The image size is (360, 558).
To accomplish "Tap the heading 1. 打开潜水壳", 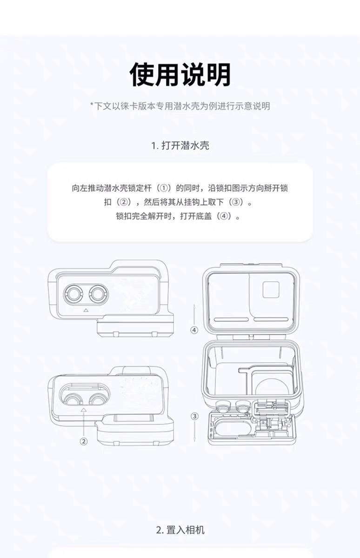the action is point(180,146).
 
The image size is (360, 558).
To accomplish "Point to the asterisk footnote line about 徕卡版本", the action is point(180,106).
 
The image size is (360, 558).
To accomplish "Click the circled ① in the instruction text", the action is point(163,188).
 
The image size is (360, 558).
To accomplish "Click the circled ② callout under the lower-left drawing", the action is point(84,441).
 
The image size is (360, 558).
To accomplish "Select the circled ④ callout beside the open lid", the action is point(194,330).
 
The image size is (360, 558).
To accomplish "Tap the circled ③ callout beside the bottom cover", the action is point(194,416).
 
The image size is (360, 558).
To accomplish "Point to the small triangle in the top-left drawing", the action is point(85,310).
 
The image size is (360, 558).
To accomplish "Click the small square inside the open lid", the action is point(270,291).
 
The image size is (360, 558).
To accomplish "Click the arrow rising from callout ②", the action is point(84,423).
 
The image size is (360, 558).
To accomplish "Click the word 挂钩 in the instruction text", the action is point(193,203).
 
